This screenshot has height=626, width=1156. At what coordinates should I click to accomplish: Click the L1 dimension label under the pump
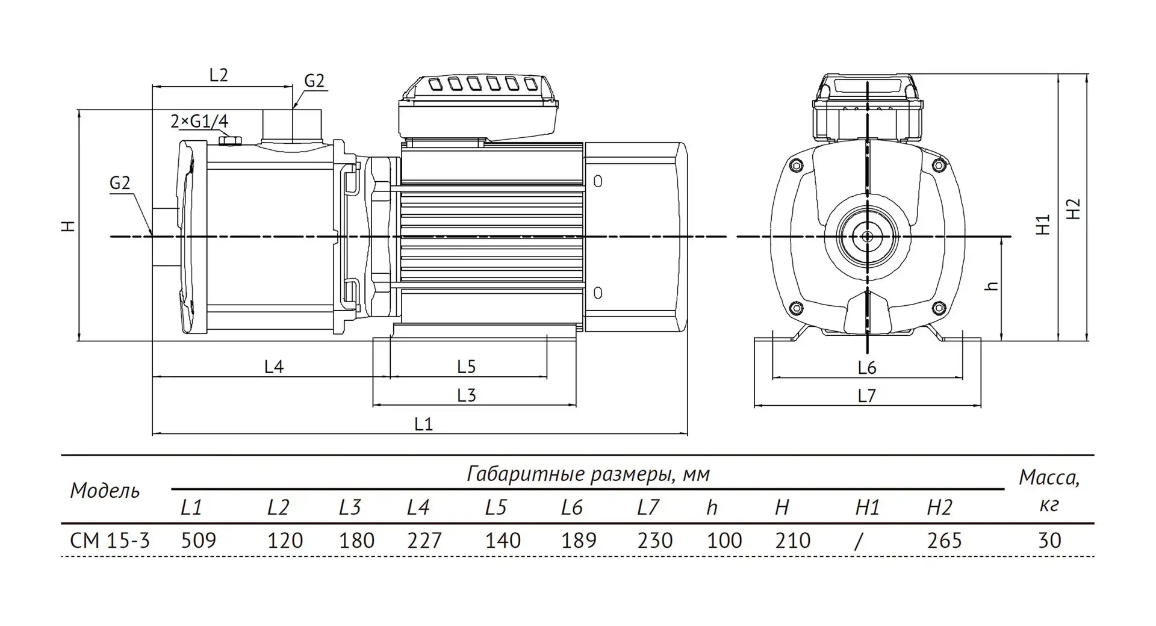[x=423, y=424]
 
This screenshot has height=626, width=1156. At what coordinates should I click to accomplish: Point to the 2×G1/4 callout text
[x=199, y=121]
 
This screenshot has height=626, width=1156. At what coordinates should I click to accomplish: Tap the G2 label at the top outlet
[x=314, y=81]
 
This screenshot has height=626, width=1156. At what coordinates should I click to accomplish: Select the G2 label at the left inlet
[x=120, y=183]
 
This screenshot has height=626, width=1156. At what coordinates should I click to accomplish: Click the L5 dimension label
[x=467, y=366]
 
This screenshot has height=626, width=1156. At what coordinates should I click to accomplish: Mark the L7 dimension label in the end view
[x=866, y=395]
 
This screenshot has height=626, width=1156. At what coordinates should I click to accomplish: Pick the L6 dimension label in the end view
[x=866, y=367]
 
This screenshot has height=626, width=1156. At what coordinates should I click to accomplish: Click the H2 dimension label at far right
[x=1074, y=209]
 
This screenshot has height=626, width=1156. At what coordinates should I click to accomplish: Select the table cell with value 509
[x=199, y=541]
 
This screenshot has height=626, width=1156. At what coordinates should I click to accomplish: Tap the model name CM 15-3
[x=110, y=541]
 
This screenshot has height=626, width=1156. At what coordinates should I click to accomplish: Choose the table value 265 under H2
[x=944, y=541]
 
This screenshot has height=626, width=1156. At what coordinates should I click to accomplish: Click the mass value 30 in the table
[x=1049, y=541]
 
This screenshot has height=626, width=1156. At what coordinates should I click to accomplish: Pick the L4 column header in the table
[x=418, y=508]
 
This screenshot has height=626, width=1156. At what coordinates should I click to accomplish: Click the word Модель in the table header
[x=105, y=491]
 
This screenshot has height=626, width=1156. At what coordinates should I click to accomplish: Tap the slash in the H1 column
[x=859, y=541]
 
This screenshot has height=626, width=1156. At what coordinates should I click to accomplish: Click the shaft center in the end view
[x=866, y=237]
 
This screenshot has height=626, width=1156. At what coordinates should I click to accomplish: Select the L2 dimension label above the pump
[x=219, y=75]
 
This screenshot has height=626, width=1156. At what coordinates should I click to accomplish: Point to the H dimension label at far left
[x=70, y=226]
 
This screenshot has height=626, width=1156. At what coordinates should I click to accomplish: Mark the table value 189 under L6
[x=579, y=541]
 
